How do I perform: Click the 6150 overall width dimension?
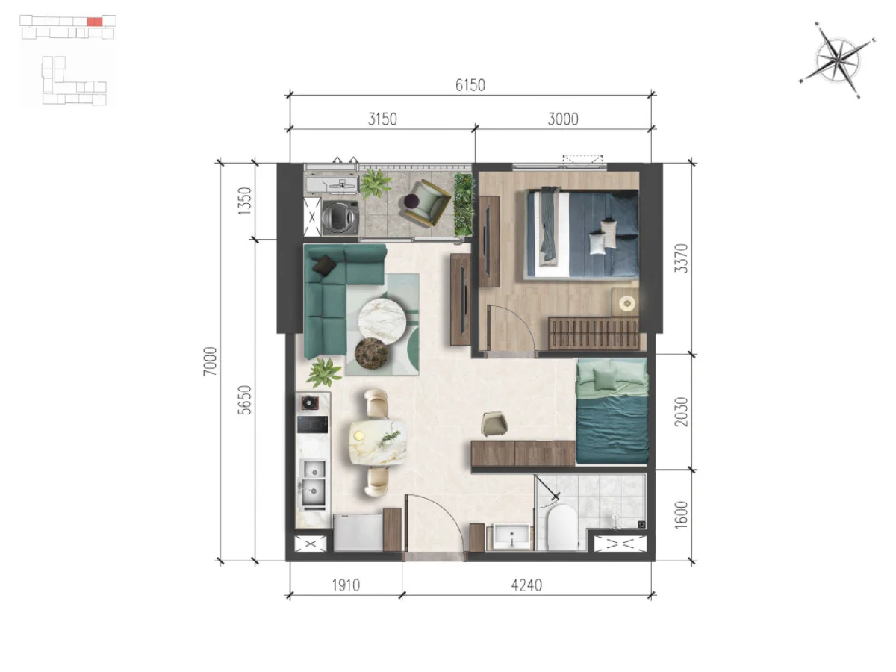(x=470, y=85)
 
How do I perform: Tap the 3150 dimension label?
(x=382, y=119)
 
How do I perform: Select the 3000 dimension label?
(x=562, y=119)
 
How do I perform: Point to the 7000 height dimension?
(x=211, y=361)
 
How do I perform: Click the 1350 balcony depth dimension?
(x=244, y=201)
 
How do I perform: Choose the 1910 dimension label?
(x=346, y=585)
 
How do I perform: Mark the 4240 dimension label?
(x=526, y=585)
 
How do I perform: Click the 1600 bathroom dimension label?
(x=681, y=515)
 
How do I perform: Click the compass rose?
(x=837, y=60)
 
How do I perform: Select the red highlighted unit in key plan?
(x=94, y=22)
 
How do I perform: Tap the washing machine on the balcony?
(x=340, y=217)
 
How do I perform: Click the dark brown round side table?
(x=371, y=354)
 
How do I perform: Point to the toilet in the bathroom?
(x=562, y=527)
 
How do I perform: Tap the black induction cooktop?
(x=312, y=424)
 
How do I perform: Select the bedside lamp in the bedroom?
(x=626, y=303)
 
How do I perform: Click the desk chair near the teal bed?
(x=494, y=424)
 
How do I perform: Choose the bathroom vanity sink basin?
(x=511, y=537)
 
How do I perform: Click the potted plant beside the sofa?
(x=325, y=373)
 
